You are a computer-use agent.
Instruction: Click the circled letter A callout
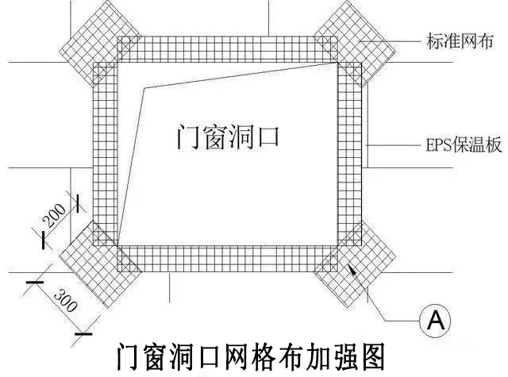[434, 320]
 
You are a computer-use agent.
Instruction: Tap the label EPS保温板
[451, 145]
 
